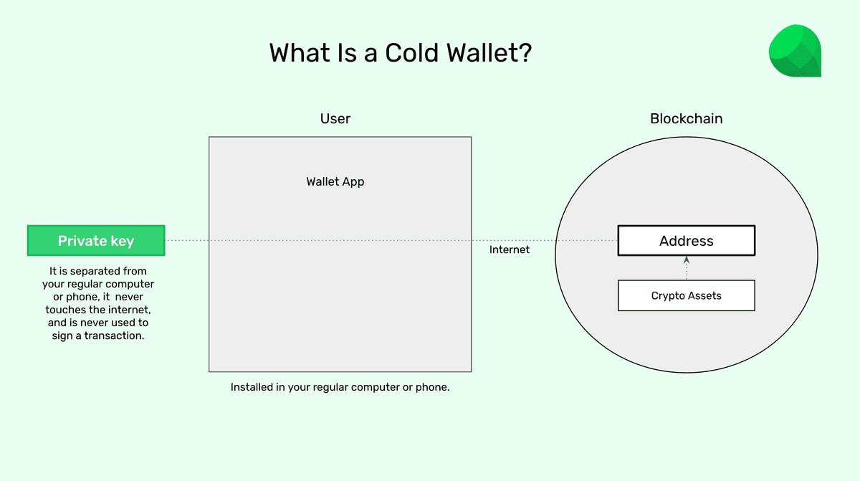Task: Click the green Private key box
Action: [x=96, y=241]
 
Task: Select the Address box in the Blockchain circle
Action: [x=686, y=241]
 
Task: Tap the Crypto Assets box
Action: [x=686, y=295]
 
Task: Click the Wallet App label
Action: [x=335, y=181]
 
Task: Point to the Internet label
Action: [x=509, y=249]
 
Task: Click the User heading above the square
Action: [x=335, y=118]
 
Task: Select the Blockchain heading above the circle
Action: [x=686, y=118]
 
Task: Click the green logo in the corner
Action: [x=794, y=51]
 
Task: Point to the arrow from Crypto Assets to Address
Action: [x=686, y=267]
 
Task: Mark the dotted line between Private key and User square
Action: [x=187, y=241]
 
